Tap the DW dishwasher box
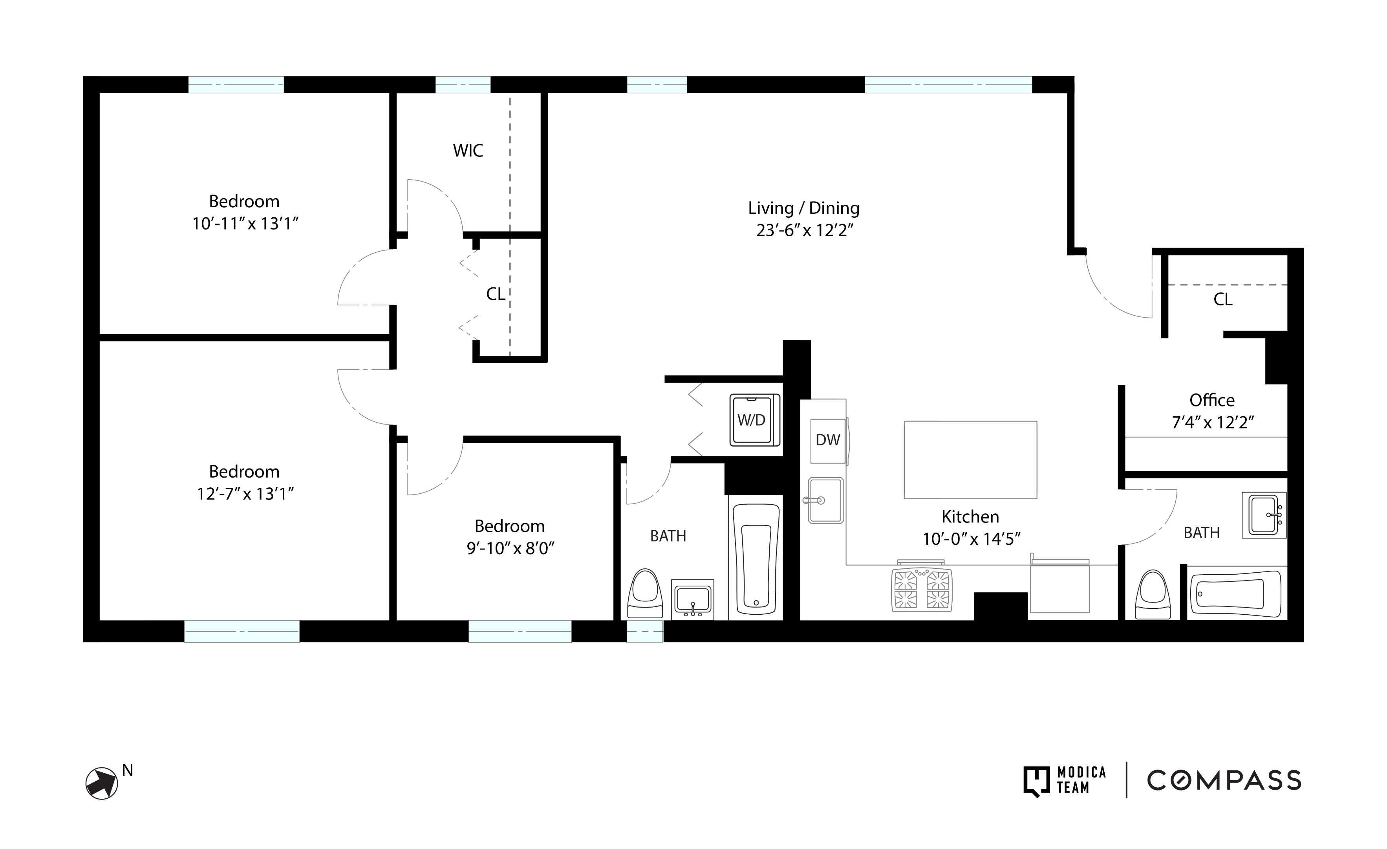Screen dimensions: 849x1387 pos(827,441)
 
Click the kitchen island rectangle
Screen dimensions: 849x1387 pos(970,460)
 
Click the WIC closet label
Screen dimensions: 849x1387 pos(468,151)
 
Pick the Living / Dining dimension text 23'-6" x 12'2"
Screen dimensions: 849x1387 pos(804,230)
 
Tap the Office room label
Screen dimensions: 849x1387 pos(1212,401)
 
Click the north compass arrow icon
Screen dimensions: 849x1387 pos(102,783)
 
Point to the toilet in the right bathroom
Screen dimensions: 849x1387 pos(1153,596)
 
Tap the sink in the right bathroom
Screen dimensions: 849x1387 pos(1264,515)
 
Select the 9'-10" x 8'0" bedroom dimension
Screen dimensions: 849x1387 pos(510,548)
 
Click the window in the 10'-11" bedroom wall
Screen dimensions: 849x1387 pos(236,85)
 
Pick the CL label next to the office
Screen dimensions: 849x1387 pos(1222,300)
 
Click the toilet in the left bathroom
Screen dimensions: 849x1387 pos(645,594)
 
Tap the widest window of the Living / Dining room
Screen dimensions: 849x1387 pos(948,85)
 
